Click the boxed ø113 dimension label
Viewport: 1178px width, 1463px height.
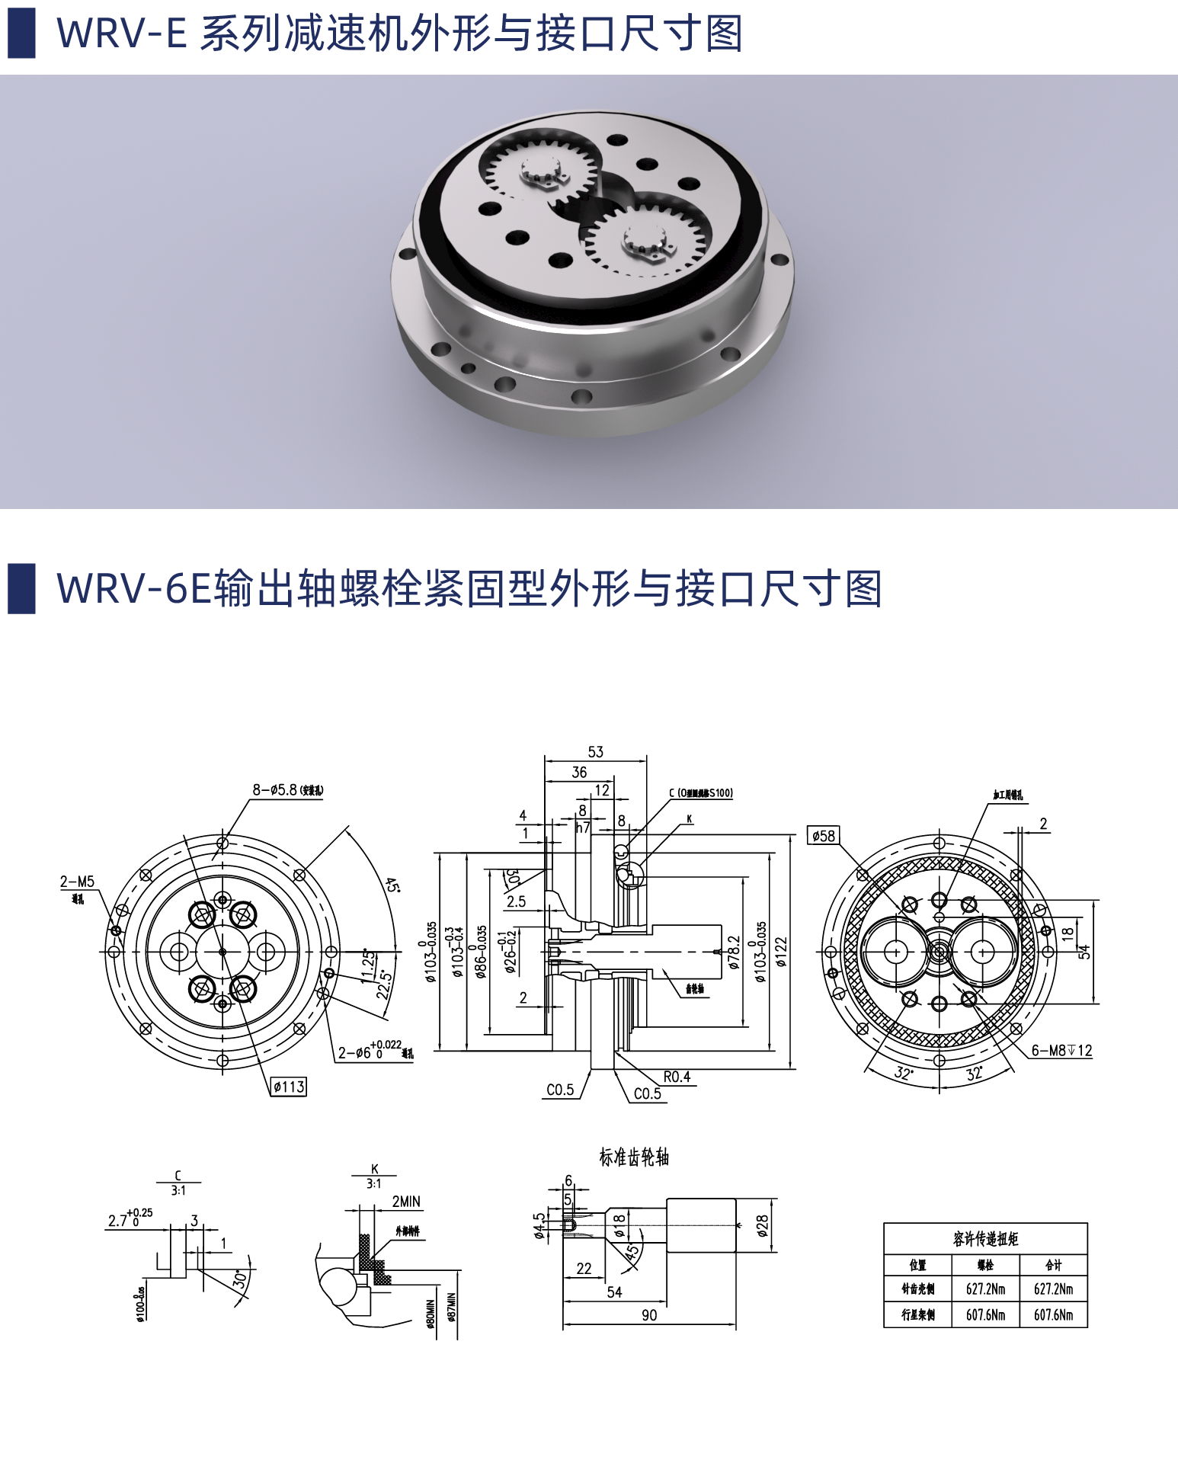pos(289,1087)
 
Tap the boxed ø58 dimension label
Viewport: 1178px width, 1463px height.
pos(824,836)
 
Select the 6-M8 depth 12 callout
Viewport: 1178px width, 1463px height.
pos(1061,1051)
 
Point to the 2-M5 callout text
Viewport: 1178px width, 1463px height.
pos(77,882)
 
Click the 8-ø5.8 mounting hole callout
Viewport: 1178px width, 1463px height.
pos(287,790)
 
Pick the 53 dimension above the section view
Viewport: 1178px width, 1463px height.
pos(595,752)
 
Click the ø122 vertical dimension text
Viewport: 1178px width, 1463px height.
pos(781,952)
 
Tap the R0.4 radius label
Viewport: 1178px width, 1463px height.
pos(677,1077)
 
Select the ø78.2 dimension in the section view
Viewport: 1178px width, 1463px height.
pos(735,952)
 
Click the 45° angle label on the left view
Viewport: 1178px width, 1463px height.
pos(391,885)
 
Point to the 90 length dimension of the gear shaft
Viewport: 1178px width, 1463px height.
pos(649,1315)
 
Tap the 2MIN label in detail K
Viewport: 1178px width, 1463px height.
pos(406,1202)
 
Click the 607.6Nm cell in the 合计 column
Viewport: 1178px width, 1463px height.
pos(1053,1314)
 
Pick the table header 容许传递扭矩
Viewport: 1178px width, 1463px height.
pos(985,1239)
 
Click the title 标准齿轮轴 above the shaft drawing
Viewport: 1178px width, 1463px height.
pos(634,1157)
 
